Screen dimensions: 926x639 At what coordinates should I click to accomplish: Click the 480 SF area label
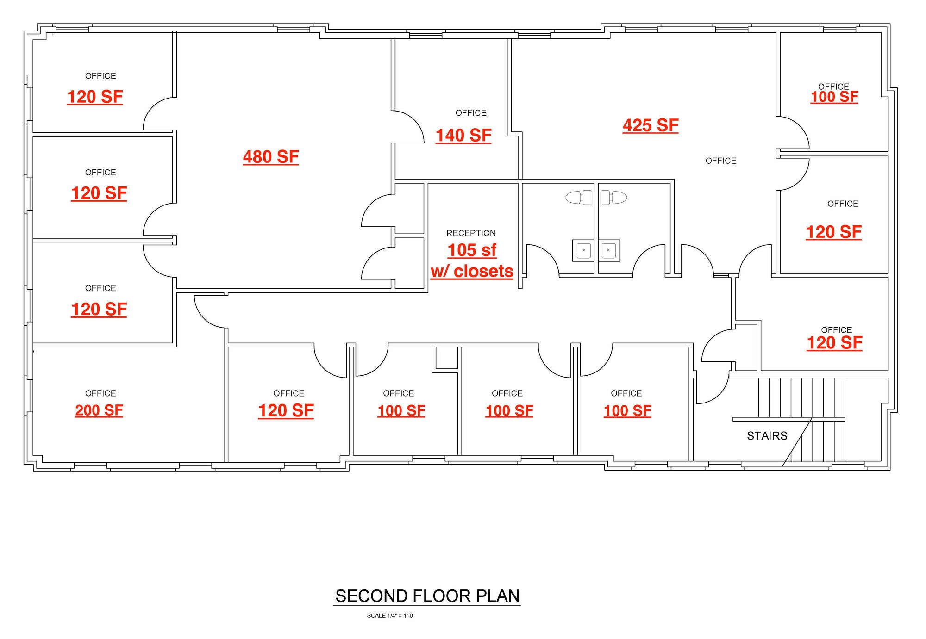click(271, 157)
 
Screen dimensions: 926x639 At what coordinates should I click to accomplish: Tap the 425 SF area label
click(651, 125)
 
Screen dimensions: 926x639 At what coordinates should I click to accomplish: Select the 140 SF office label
click(463, 136)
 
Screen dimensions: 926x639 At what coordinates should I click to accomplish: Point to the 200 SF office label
click(99, 410)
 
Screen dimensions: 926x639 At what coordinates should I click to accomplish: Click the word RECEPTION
click(471, 233)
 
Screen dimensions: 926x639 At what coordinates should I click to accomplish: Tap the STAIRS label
click(767, 436)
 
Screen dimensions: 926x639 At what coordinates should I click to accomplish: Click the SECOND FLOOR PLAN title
click(427, 596)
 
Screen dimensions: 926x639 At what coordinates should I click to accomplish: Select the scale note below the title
click(390, 616)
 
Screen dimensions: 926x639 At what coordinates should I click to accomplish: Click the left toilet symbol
click(579, 198)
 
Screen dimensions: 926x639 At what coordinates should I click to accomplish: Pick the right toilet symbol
click(613, 198)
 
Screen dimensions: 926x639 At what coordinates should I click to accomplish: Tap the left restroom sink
click(583, 250)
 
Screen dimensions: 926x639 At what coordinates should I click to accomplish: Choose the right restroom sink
click(609, 250)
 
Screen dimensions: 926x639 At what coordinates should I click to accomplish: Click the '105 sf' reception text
click(472, 250)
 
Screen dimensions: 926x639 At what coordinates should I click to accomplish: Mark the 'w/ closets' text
click(472, 271)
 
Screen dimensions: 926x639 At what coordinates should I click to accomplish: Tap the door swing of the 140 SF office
click(408, 127)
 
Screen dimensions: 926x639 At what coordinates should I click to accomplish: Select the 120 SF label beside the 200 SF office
click(286, 410)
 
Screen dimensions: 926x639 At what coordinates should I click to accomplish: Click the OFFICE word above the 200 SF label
click(100, 393)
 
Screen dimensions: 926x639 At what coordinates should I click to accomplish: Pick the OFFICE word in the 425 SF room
click(721, 161)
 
